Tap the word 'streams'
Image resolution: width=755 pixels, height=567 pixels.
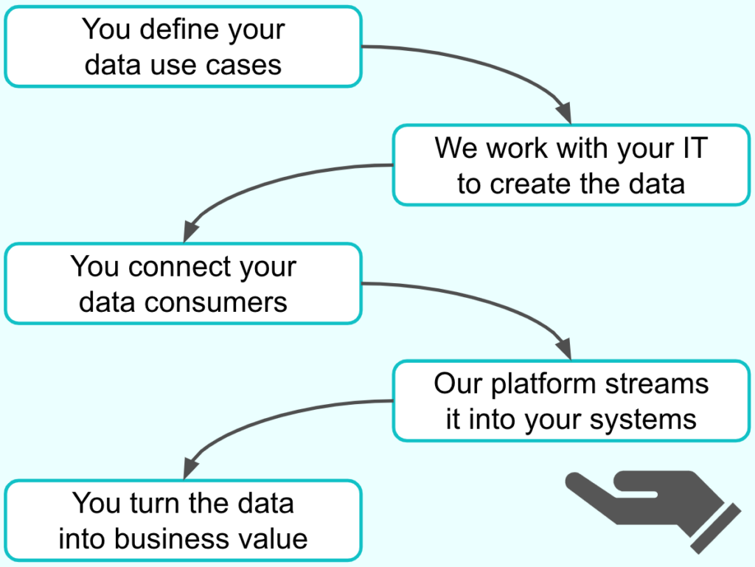(657, 384)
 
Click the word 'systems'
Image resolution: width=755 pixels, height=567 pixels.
(643, 420)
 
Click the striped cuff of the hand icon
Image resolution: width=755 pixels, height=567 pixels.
(716, 529)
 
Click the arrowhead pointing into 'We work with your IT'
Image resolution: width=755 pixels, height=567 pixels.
(565, 114)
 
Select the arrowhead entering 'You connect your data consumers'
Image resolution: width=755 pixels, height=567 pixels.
(190, 232)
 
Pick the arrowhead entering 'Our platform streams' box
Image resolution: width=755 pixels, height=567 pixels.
(565, 349)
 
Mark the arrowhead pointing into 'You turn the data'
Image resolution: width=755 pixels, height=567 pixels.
(190, 468)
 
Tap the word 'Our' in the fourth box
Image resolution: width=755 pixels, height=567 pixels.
(458, 384)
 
